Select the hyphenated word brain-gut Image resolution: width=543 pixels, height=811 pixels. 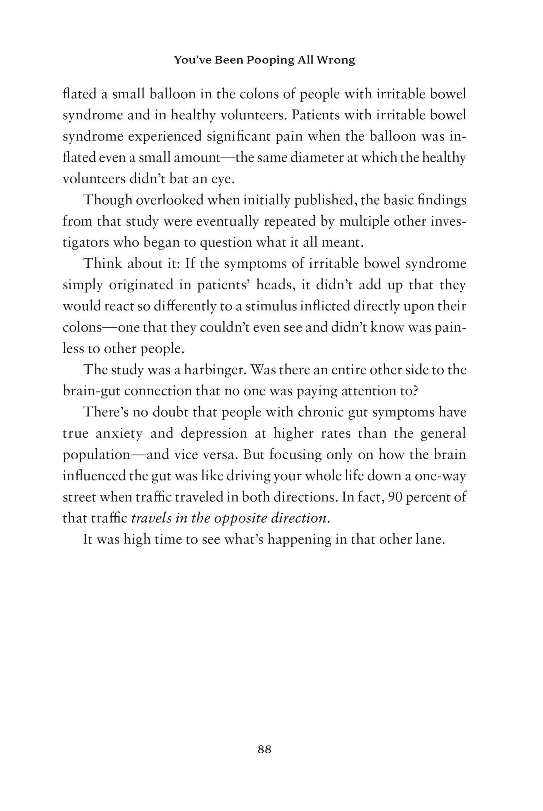pos(91,391)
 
